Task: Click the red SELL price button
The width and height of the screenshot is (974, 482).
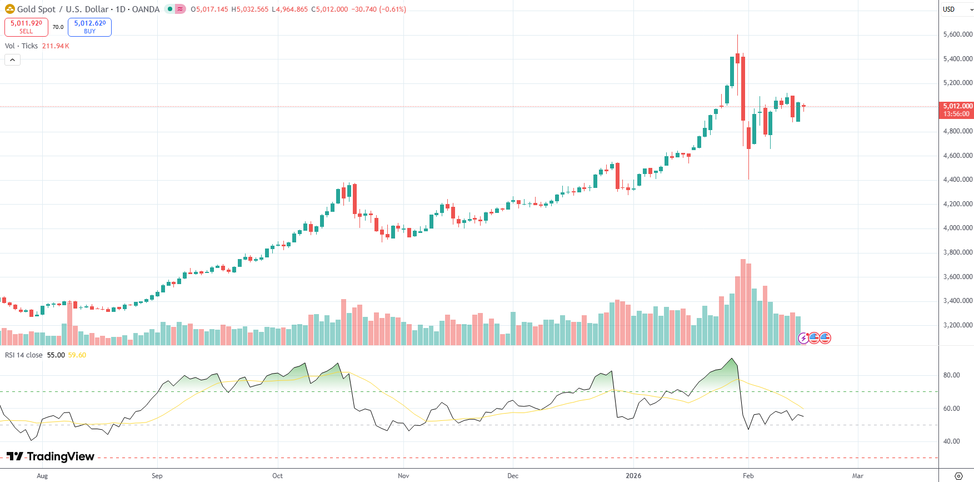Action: click(26, 27)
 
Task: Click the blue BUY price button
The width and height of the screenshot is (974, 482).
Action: click(89, 27)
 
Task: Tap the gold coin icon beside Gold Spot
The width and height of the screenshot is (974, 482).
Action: click(10, 9)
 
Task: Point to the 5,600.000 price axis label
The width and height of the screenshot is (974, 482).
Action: click(957, 34)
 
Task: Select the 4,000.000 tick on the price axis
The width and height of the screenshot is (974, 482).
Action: click(957, 228)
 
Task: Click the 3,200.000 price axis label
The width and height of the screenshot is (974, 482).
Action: click(957, 325)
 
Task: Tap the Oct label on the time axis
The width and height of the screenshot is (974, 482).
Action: click(277, 476)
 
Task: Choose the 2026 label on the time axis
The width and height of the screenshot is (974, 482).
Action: click(633, 476)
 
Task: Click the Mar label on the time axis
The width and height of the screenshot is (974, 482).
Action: click(857, 476)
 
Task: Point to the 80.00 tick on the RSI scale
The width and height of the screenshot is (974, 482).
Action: click(951, 375)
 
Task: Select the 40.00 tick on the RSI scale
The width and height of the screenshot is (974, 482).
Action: click(951, 441)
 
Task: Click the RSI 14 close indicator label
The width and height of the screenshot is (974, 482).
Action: click(24, 355)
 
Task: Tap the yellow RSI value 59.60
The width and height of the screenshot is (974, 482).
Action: click(77, 355)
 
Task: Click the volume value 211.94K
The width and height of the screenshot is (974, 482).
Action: click(56, 46)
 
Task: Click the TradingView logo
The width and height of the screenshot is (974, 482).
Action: click(51, 456)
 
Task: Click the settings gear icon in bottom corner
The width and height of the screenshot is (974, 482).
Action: click(958, 476)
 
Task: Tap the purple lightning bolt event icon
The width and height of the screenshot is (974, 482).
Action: click(803, 337)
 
